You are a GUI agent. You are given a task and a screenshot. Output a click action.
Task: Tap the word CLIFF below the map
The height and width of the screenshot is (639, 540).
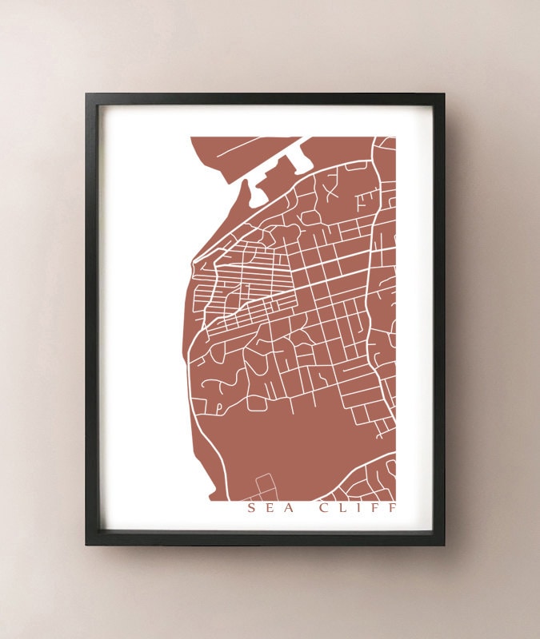click(357, 507)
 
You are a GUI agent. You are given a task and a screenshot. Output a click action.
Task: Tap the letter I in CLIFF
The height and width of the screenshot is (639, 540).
click(360, 507)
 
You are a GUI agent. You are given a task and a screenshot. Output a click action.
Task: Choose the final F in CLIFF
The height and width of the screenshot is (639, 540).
click(390, 507)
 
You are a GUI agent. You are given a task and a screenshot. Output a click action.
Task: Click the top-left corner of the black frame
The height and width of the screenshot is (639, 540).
click(86, 94)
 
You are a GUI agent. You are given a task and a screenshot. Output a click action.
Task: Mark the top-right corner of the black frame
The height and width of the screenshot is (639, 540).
click(444, 94)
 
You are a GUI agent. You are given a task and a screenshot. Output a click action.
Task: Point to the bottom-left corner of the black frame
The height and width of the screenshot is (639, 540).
click(86, 546)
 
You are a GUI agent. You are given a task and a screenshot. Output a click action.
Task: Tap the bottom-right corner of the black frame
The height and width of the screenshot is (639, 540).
click(444, 546)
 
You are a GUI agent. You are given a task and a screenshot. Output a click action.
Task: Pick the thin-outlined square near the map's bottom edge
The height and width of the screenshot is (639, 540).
click(265, 483)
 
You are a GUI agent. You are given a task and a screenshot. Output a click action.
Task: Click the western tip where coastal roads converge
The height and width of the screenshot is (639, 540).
click(194, 259)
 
